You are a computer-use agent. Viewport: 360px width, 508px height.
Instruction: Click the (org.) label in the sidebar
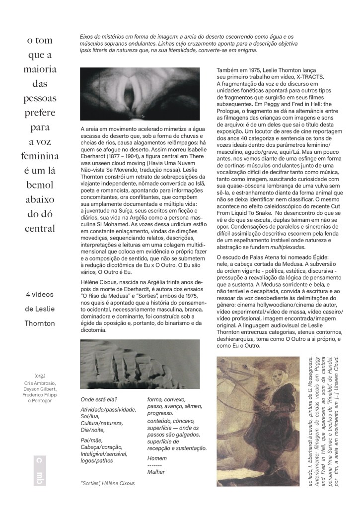[x=40, y=376]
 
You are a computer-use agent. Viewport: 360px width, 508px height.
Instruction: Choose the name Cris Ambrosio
[x=41, y=383]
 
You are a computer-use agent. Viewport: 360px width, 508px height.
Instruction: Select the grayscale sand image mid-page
[x=140, y=364]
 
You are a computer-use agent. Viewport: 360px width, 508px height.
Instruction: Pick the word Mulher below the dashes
[x=156, y=472]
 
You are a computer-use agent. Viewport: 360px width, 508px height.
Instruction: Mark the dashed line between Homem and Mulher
[x=155, y=465]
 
